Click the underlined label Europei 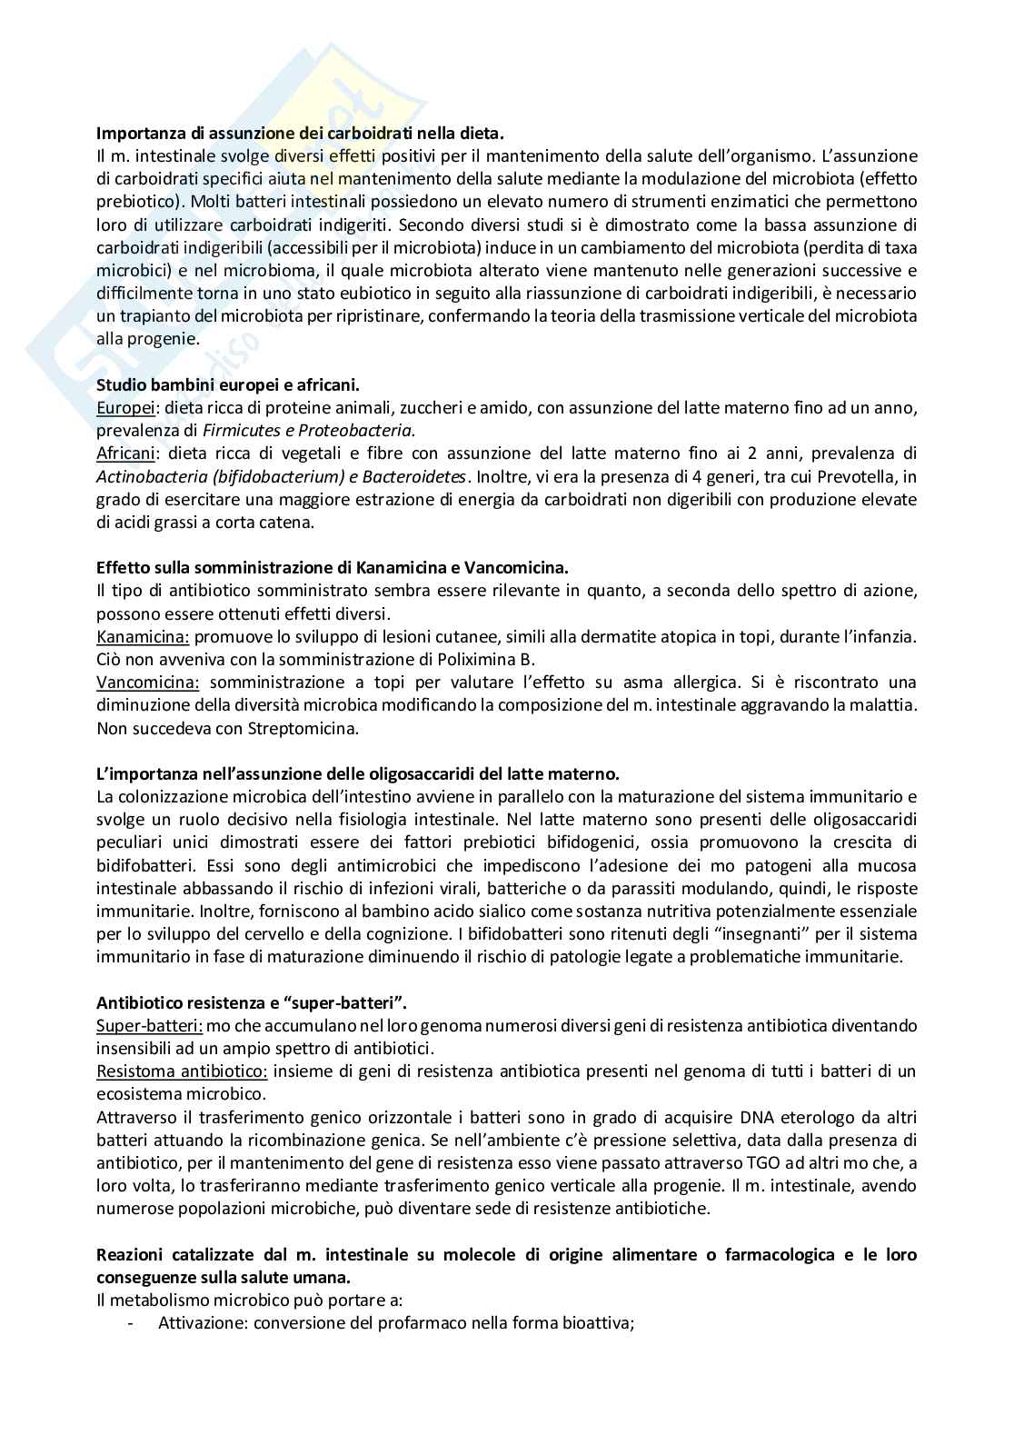pos(123,407)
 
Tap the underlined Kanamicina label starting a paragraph pos(142,637)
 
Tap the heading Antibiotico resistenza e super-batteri pos(252,1003)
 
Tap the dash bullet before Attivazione pos(133,1323)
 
